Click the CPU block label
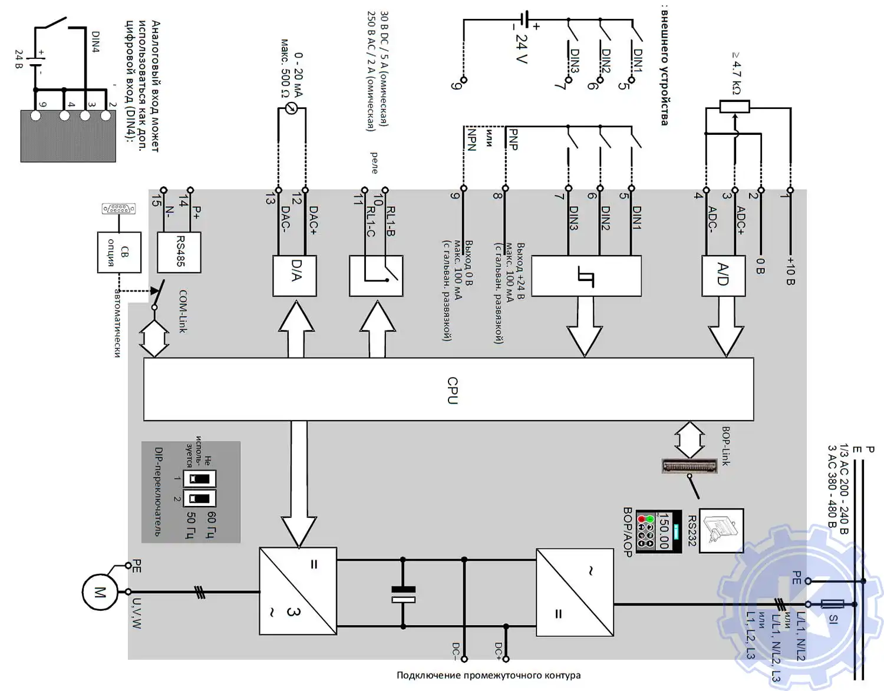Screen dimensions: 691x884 [x=453, y=391]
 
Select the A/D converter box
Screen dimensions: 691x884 [x=724, y=276]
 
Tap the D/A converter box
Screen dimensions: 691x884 [x=295, y=276]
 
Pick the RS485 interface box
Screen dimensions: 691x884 [x=179, y=252]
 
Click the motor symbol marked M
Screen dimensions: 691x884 [x=99, y=592]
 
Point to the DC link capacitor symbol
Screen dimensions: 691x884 [x=403, y=594]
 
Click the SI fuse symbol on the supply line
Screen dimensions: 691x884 [x=832, y=604]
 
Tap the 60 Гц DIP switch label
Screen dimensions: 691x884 [x=212, y=524]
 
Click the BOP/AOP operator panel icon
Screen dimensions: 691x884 [x=659, y=531]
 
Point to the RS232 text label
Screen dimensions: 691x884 [x=692, y=531]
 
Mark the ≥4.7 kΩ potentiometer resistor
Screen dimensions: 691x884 [x=734, y=107]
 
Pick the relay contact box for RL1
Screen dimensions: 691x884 [x=376, y=276]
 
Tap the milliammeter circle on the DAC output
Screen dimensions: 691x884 [x=291, y=108]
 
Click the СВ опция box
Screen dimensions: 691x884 [x=119, y=252]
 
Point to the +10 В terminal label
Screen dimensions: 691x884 [x=791, y=271]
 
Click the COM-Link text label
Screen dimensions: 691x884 [x=183, y=311]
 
